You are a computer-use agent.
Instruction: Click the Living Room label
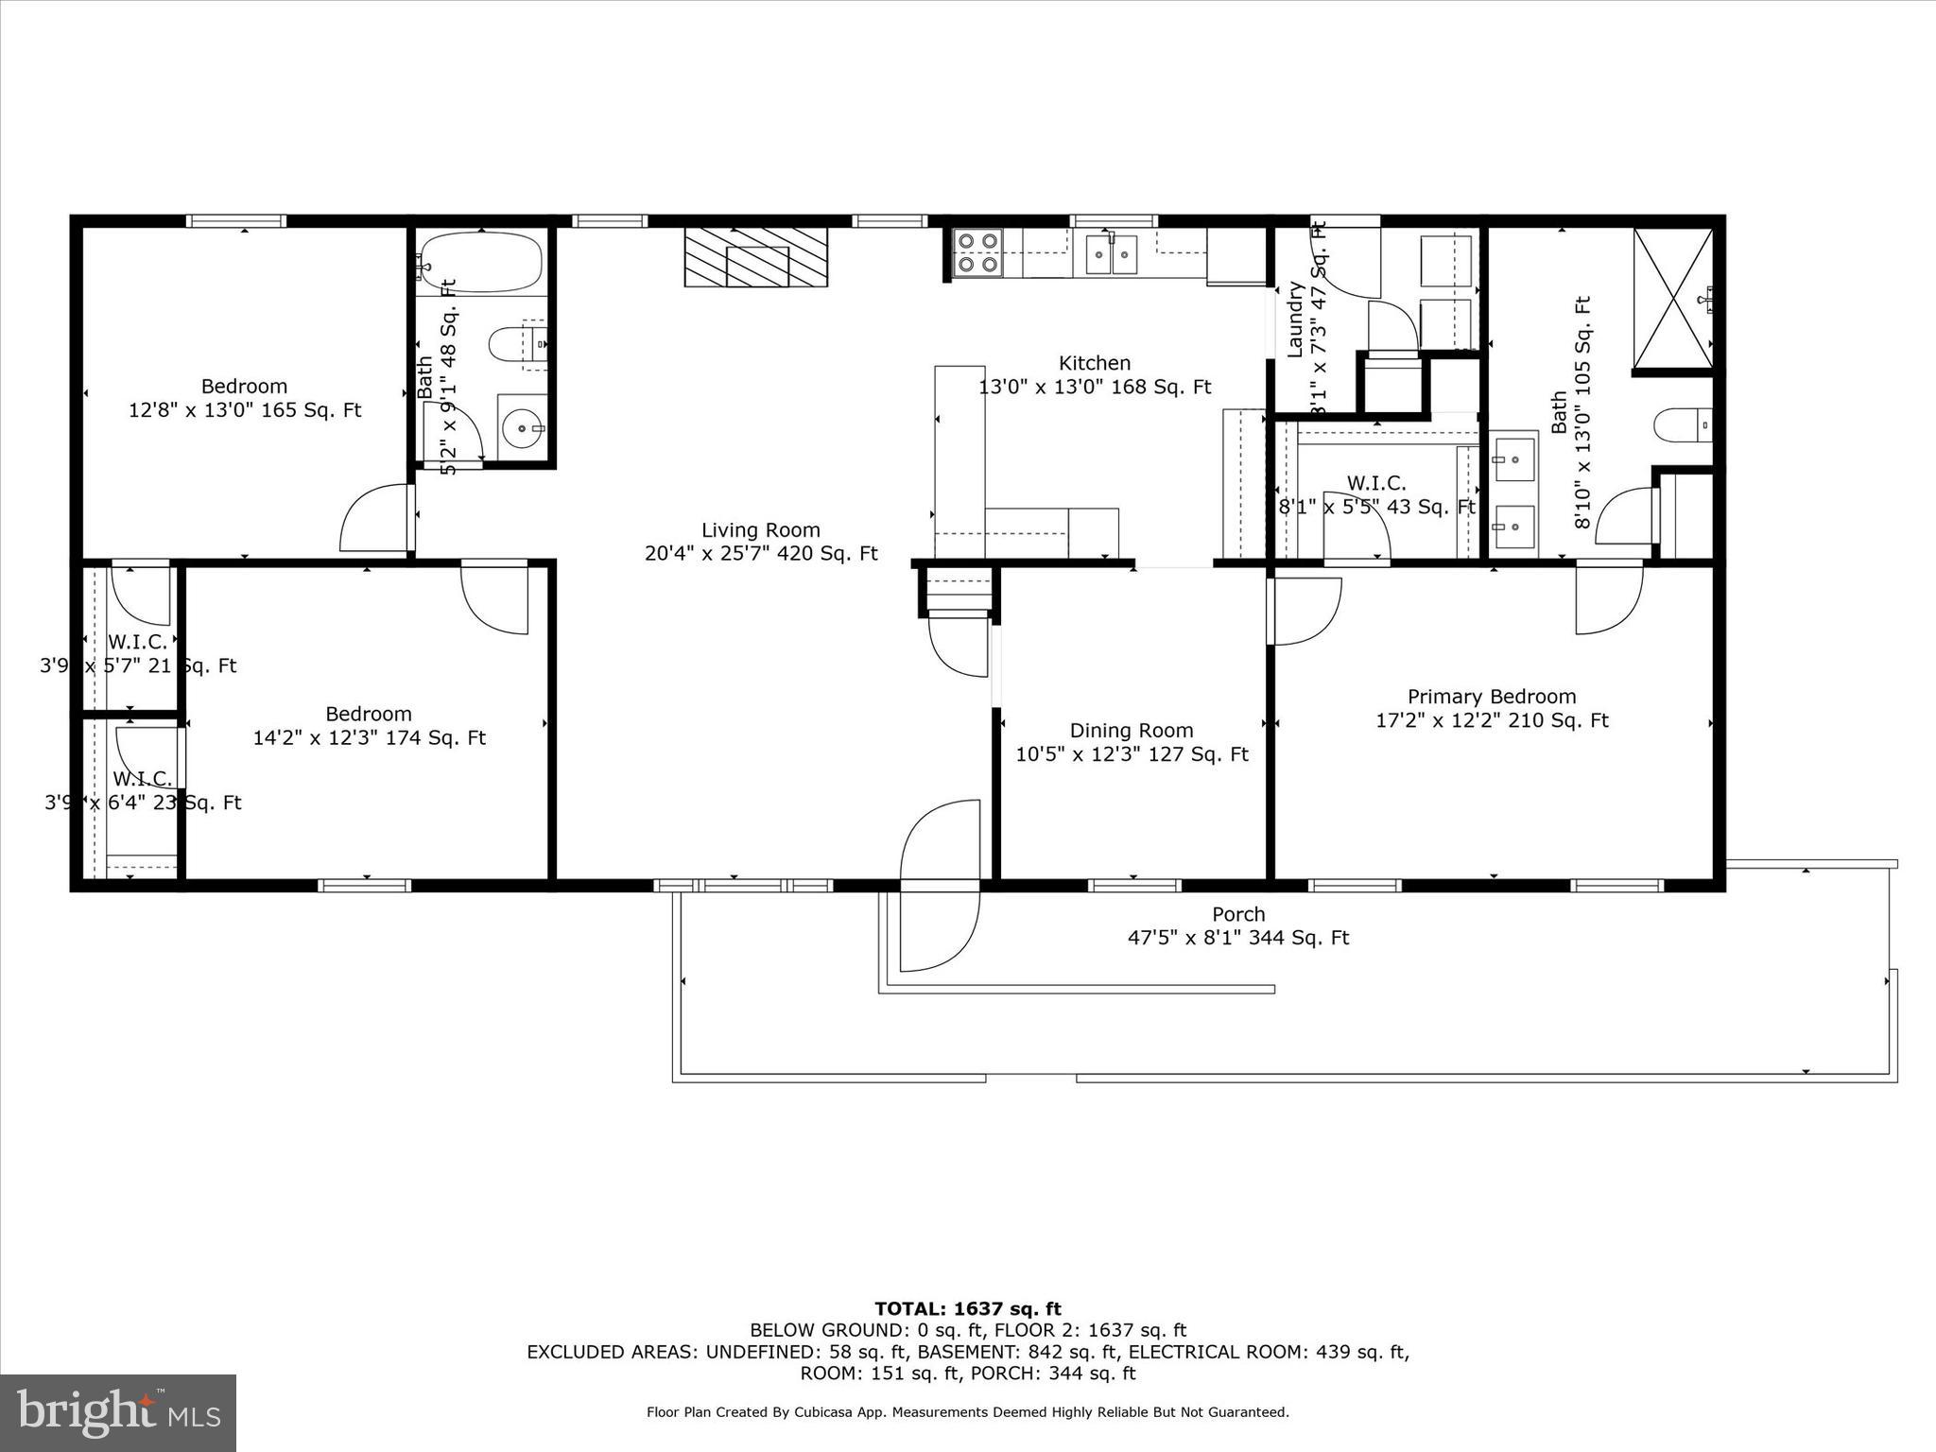click(760, 530)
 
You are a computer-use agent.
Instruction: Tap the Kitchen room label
click(1094, 363)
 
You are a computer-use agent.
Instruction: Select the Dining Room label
click(1131, 731)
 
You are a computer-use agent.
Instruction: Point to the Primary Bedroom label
click(1491, 697)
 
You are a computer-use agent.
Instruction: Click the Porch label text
click(1237, 914)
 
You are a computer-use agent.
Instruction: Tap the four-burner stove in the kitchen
click(977, 252)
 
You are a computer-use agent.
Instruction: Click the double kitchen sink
click(1111, 253)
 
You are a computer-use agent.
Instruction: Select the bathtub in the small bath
click(481, 263)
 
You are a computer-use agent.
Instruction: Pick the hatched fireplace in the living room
click(755, 256)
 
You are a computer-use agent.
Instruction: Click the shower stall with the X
click(1672, 297)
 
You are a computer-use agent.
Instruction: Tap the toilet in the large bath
click(1682, 424)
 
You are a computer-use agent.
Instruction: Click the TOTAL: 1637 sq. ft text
click(967, 1309)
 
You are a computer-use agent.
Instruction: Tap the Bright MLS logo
click(118, 1412)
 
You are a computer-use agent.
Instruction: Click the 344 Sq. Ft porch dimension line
click(1237, 938)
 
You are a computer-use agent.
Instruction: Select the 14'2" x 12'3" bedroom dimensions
click(369, 738)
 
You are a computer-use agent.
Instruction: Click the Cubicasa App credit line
click(967, 1412)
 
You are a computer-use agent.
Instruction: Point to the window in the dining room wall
click(1133, 886)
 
